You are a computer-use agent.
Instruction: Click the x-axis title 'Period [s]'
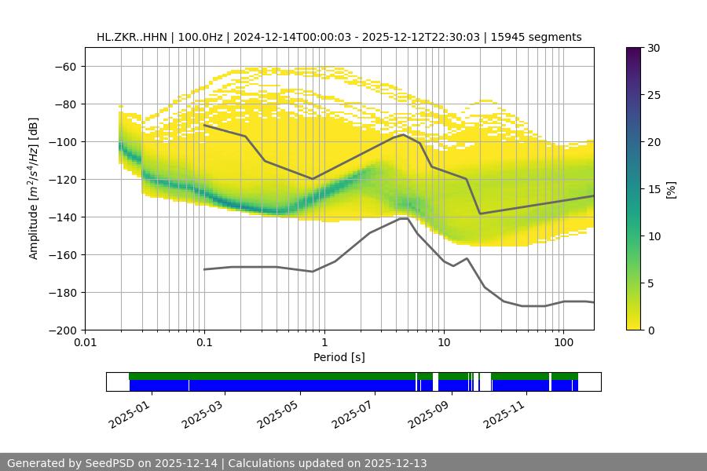click(339, 357)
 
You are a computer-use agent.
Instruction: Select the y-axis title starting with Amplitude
click(33, 188)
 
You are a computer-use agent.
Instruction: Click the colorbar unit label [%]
click(671, 189)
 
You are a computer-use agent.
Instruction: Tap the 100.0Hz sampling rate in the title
click(202, 37)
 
